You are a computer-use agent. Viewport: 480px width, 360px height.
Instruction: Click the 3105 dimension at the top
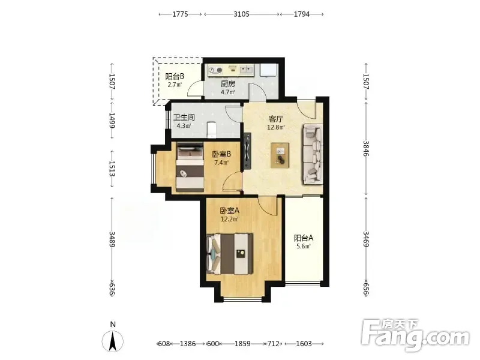(242, 14)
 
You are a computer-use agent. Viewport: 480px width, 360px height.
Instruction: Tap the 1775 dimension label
(180, 14)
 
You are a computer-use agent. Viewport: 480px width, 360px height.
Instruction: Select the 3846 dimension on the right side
(366, 148)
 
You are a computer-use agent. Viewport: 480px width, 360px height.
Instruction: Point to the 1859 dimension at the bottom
(242, 344)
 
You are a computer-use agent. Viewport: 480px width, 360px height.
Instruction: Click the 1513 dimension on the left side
(112, 169)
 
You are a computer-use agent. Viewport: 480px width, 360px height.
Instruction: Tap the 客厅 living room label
(276, 119)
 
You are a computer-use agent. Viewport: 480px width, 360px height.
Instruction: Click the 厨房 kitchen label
(228, 83)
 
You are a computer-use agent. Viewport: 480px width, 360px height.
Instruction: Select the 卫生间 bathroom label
(184, 117)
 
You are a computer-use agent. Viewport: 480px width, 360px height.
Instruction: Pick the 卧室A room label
(229, 211)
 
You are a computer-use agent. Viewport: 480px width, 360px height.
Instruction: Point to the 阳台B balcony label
(175, 76)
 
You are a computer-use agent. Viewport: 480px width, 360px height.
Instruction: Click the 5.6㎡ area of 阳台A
(304, 246)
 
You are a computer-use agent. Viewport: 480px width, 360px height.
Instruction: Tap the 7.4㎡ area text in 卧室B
(221, 163)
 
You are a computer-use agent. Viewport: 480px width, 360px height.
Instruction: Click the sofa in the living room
(313, 154)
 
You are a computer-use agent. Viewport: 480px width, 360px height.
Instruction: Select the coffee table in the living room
(280, 155)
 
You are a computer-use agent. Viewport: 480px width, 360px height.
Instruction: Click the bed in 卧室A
(230, 254)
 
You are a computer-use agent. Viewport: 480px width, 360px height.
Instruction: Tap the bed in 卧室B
(190, 167)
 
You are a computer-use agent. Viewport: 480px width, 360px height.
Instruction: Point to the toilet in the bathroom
(211, 129)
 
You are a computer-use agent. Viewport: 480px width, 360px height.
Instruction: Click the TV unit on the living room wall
(247, 151)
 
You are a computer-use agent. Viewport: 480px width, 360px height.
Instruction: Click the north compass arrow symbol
(113, 341)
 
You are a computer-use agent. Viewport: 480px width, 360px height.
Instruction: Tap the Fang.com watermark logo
(415, 335)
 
